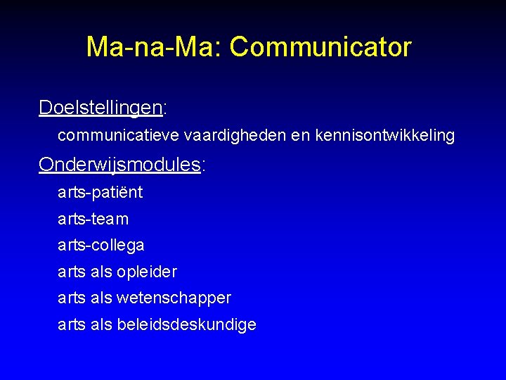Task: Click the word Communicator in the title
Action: click(320, 47)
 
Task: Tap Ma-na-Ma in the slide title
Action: click(150, 47)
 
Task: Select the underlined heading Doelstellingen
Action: click(100, 108)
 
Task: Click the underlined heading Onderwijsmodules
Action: click(119, 165)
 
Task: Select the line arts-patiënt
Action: click(100, 192)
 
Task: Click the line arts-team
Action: click(93, 219)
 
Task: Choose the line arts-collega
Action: click(100, 246)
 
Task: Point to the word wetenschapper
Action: click(174, 298)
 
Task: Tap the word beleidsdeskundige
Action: click(186, 325)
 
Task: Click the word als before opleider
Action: click(101, 272)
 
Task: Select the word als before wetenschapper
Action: click(101, 298)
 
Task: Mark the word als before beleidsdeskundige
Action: click(101, 325)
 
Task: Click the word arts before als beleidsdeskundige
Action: click(71, 325)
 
